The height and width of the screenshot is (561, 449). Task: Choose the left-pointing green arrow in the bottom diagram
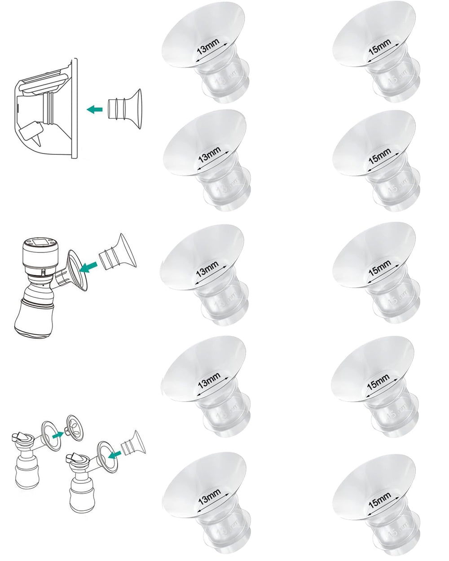(116, 456)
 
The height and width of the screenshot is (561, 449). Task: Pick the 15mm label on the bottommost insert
(379, 492)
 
